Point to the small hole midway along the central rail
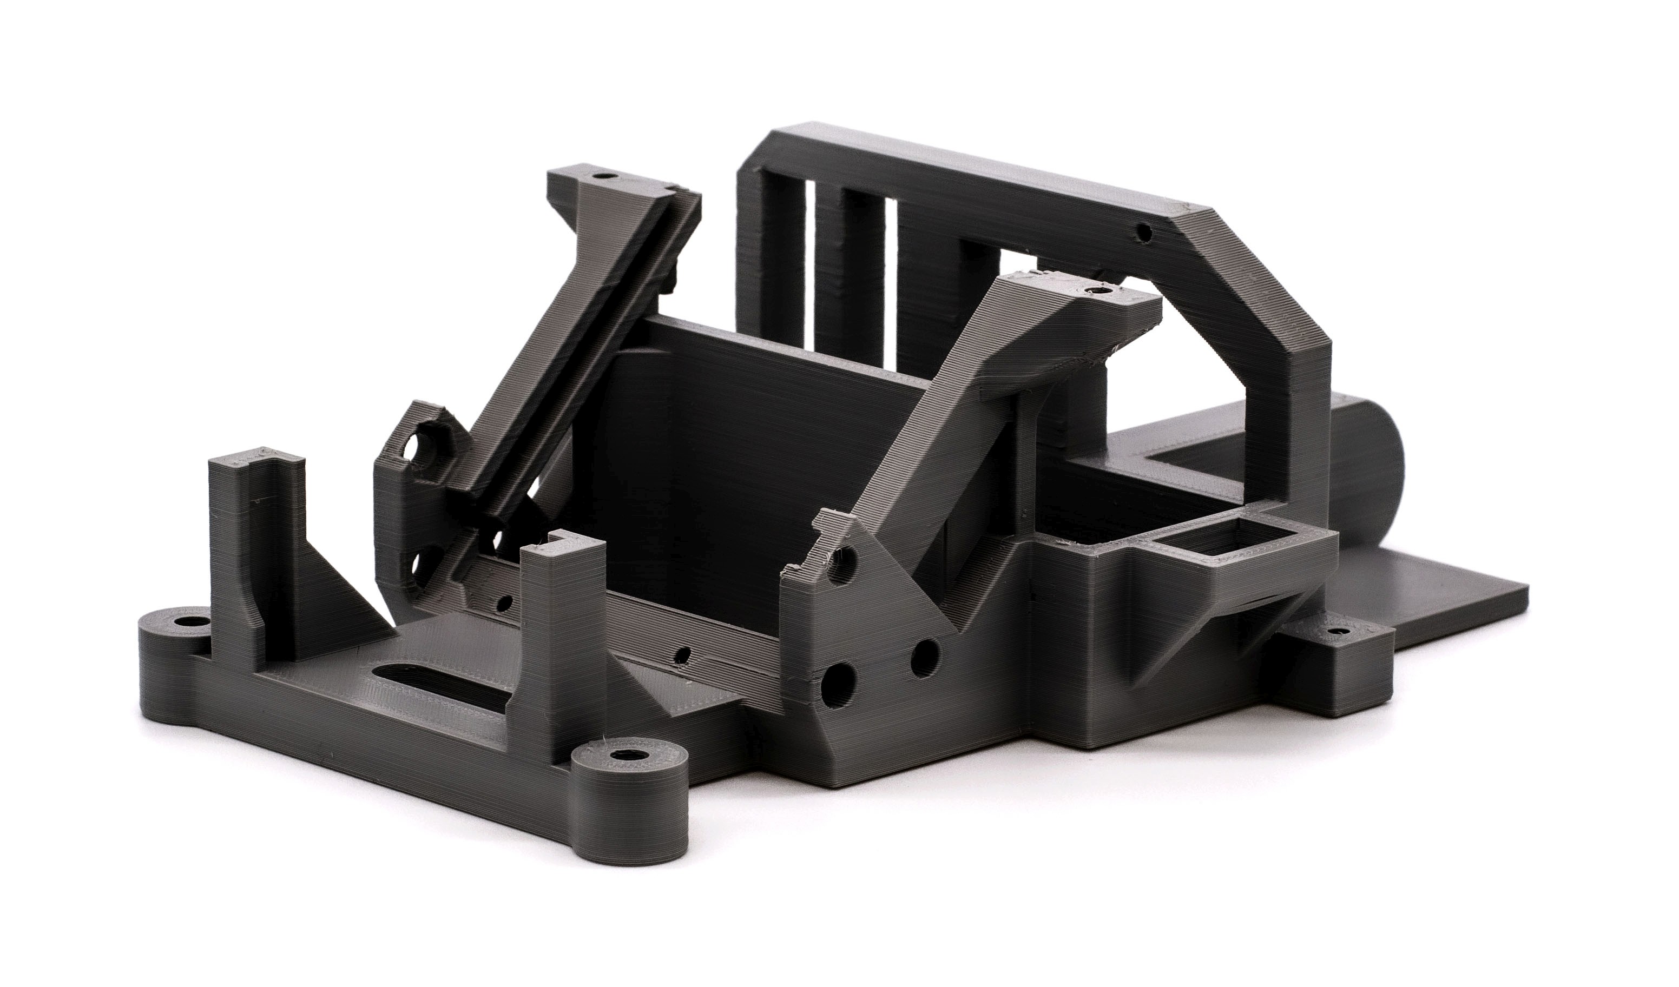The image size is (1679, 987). (681, 657)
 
